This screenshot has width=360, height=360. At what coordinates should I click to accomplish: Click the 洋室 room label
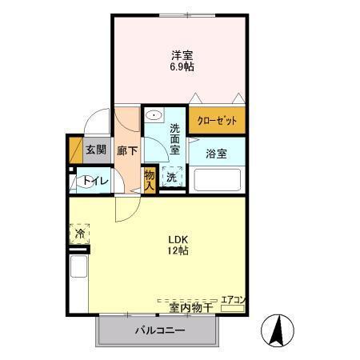pos(182,55)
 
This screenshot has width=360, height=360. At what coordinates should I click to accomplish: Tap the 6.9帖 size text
pos(182,67)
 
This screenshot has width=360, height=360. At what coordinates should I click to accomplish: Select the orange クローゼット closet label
pos(217,121)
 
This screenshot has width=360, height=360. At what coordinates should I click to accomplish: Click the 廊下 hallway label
pos(126,150)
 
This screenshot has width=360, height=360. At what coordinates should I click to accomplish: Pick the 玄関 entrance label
pos(95,149)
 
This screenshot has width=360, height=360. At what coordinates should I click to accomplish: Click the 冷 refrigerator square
pos(80,234)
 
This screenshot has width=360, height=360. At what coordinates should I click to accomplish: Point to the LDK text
pos(178,238)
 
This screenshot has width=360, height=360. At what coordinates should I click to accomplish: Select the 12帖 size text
pos(178,251)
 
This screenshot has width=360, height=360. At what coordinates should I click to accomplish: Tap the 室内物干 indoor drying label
pos(190,307)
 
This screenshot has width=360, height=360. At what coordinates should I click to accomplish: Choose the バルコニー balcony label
pos(159,330)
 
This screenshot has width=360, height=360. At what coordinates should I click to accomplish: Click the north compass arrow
pos(278,330)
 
